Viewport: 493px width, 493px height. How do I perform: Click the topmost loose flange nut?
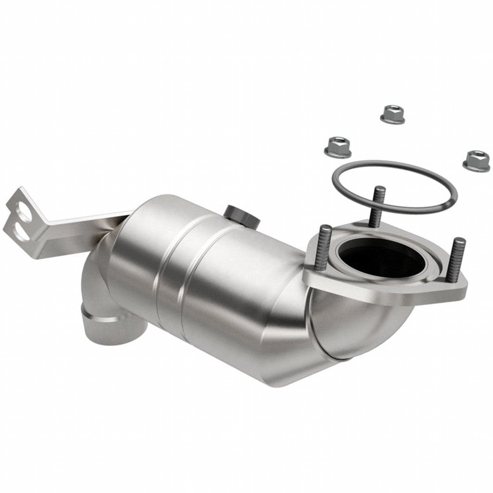(392, 114)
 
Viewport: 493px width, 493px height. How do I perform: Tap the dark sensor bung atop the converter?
(242, 215)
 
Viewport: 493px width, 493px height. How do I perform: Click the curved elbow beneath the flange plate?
(366, 327)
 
